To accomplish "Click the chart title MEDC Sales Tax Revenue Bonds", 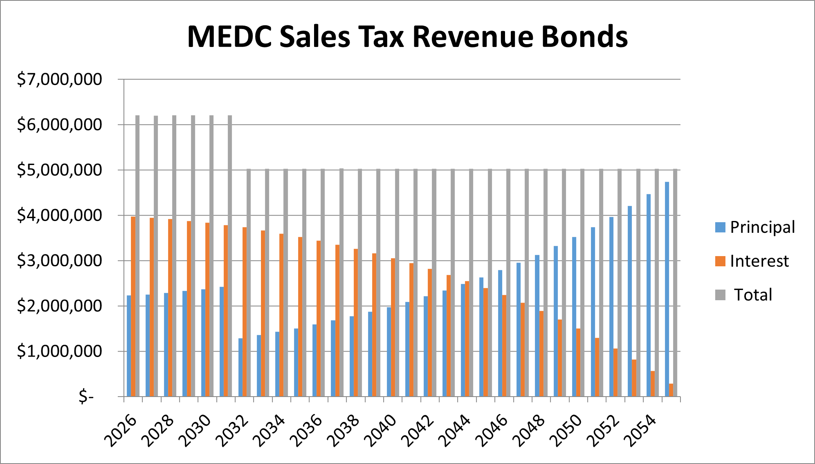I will tap(407, 37).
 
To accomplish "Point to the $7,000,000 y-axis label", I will tap(59, 79).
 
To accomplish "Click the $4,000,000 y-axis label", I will tap(59, 215).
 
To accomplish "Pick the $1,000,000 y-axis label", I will tap(59, 351).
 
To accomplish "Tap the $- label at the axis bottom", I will tap(86, 396).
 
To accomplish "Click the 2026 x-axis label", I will tap(121, 431).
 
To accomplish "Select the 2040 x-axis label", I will tap(381, 431).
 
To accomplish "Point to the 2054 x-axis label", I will tap(641, 431).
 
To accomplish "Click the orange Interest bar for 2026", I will tap(133, 306).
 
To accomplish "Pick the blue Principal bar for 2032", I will tap(240, 367).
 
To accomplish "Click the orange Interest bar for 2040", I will tap(393, 327).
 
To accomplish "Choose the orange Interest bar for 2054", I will tap(653, 384).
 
